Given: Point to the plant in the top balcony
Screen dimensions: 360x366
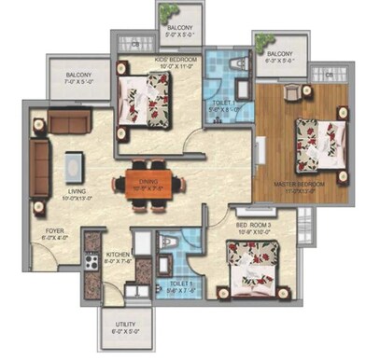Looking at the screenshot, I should pos(167,13).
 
